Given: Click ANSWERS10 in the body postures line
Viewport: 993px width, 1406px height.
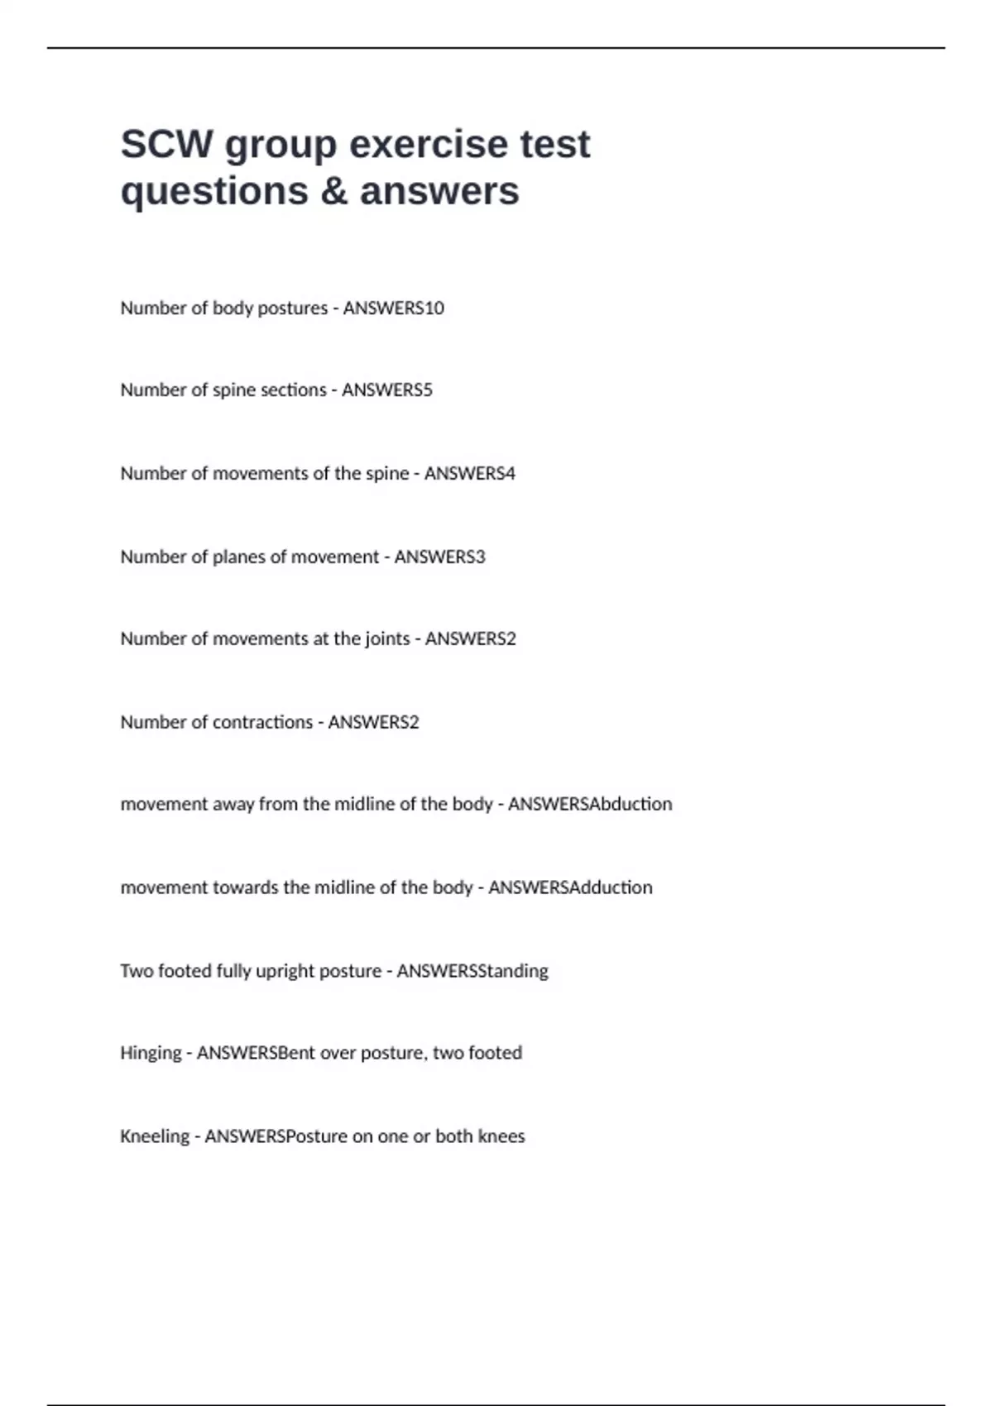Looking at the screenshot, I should pos(393,308).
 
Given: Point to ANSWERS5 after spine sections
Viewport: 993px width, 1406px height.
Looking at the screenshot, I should pos(386,390).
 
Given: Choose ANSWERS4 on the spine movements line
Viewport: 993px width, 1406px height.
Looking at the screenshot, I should pos(469,473).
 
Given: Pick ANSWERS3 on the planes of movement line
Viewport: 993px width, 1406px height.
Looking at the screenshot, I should pos(439,557).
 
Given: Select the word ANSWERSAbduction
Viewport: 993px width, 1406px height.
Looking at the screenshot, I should pos(590,804).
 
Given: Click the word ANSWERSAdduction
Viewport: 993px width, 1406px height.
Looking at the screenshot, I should pos(570,887).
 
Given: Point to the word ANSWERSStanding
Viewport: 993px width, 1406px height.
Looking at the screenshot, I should pos(473,970).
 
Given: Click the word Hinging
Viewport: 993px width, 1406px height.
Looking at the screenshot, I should pos(151,1053).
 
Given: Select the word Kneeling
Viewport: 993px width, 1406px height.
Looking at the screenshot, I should pos(155,1136).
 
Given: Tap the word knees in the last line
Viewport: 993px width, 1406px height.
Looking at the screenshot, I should pos(501,1136).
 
